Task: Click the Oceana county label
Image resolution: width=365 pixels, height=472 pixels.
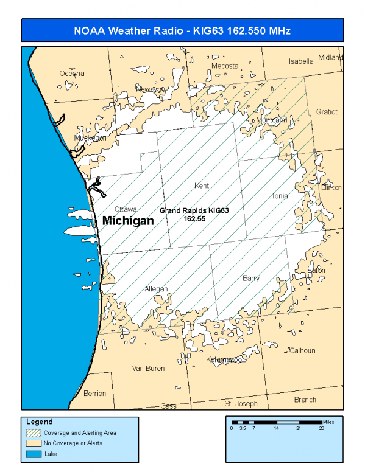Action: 72,73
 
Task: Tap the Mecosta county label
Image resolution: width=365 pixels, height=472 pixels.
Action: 225,66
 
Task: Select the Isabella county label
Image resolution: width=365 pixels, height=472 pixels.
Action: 301,61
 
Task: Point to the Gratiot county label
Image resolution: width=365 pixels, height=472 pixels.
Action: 327,112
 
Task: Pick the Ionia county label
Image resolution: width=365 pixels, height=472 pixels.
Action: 279,196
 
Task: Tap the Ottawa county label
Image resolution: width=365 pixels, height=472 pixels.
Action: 126,209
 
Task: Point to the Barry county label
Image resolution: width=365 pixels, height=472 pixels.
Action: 251,278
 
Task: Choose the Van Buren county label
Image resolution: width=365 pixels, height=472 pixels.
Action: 148,368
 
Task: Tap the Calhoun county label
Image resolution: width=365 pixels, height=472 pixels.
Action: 302,350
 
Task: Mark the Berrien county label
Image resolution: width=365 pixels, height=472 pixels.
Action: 94,393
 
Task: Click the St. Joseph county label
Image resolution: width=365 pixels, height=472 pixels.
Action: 241,403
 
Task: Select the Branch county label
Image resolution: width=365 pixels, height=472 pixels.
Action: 305,400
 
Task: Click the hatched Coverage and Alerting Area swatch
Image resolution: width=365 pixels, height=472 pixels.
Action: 33,433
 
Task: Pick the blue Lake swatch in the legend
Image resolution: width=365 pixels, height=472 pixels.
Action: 33,453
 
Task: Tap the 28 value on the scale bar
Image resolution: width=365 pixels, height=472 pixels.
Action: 322,429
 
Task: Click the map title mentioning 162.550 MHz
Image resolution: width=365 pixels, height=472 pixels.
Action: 182,30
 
